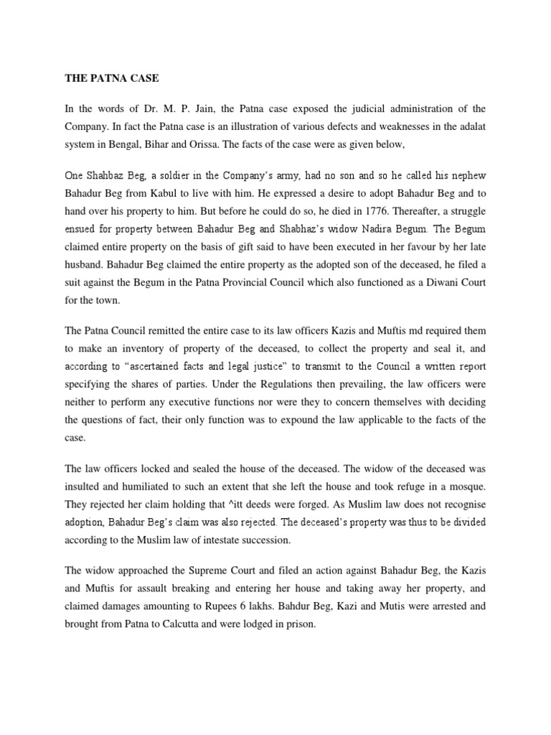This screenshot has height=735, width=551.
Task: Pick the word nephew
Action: [467, 177]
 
